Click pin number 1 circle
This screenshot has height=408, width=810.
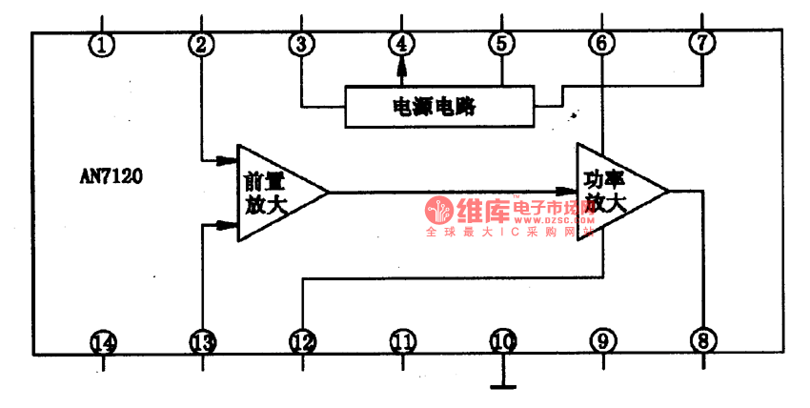(103, 44)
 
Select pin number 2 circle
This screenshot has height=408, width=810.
(201, 44)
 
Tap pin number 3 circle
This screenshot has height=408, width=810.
(302, 44)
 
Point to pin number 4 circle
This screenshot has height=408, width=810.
(402, 44)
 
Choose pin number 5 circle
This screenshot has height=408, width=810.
(501, 44)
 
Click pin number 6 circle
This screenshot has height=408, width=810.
(601, 44)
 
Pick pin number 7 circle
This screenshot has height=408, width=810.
(701, 44)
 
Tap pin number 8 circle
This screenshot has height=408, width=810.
(702, 341)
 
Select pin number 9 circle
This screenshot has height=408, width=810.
(602, 341)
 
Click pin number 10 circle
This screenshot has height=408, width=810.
(502, 341)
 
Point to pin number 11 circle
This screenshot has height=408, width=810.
(402, 341)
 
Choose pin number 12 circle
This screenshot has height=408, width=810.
(302, 341)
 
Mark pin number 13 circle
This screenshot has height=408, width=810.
(202, 341)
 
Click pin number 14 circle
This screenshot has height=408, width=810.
(103, 341)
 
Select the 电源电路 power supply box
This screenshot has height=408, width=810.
(439, 107)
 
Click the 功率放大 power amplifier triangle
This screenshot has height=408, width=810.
(614, 191)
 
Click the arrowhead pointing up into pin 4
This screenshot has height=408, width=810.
(402, 67)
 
